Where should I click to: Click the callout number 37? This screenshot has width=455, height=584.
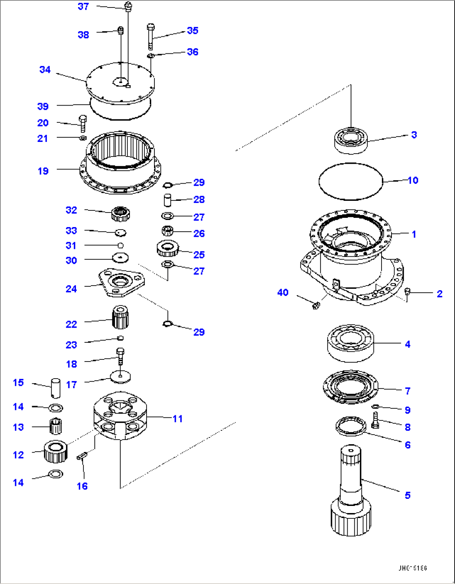(x=83, y=7)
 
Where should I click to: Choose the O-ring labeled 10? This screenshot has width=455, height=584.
(x=351, y=181)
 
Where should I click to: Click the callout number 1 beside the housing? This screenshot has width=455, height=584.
(x=414, y=234)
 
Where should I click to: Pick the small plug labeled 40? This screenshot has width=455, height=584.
(x=316, y=306)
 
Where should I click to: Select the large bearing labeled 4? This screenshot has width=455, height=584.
(x=351, y=343)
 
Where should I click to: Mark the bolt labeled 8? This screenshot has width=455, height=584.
(x=375, y=420)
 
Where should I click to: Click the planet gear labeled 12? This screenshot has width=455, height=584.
(x=56, y=451)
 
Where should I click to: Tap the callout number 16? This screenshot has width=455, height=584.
(x=82, y=486)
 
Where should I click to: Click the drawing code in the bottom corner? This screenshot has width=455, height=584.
(x=412, y=569)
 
